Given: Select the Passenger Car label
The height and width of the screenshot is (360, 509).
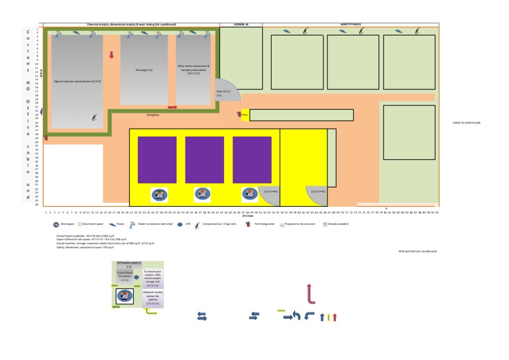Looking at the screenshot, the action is click(x=144, y=70).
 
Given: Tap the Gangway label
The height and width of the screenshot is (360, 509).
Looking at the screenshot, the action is click(x=153, y=115).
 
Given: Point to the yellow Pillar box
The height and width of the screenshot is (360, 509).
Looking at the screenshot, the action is click(x=245, y=115).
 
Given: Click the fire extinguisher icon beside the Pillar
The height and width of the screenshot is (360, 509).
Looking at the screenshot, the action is click(x=238, y=115).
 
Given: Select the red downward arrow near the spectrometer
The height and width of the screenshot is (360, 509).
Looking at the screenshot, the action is click(x=111, y=55).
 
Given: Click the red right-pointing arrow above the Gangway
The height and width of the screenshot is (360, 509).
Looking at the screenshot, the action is click(x=172, y=107).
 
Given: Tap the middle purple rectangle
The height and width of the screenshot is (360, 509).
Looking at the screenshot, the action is click(x=204, y=160).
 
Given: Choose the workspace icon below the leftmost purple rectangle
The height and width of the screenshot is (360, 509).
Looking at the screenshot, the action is click(x=160, y=194).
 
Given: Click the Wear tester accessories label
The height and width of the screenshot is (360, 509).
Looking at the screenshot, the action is click(x=194, y=69).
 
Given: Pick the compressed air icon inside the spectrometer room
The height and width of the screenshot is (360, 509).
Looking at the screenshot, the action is click(x=94, y=117).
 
